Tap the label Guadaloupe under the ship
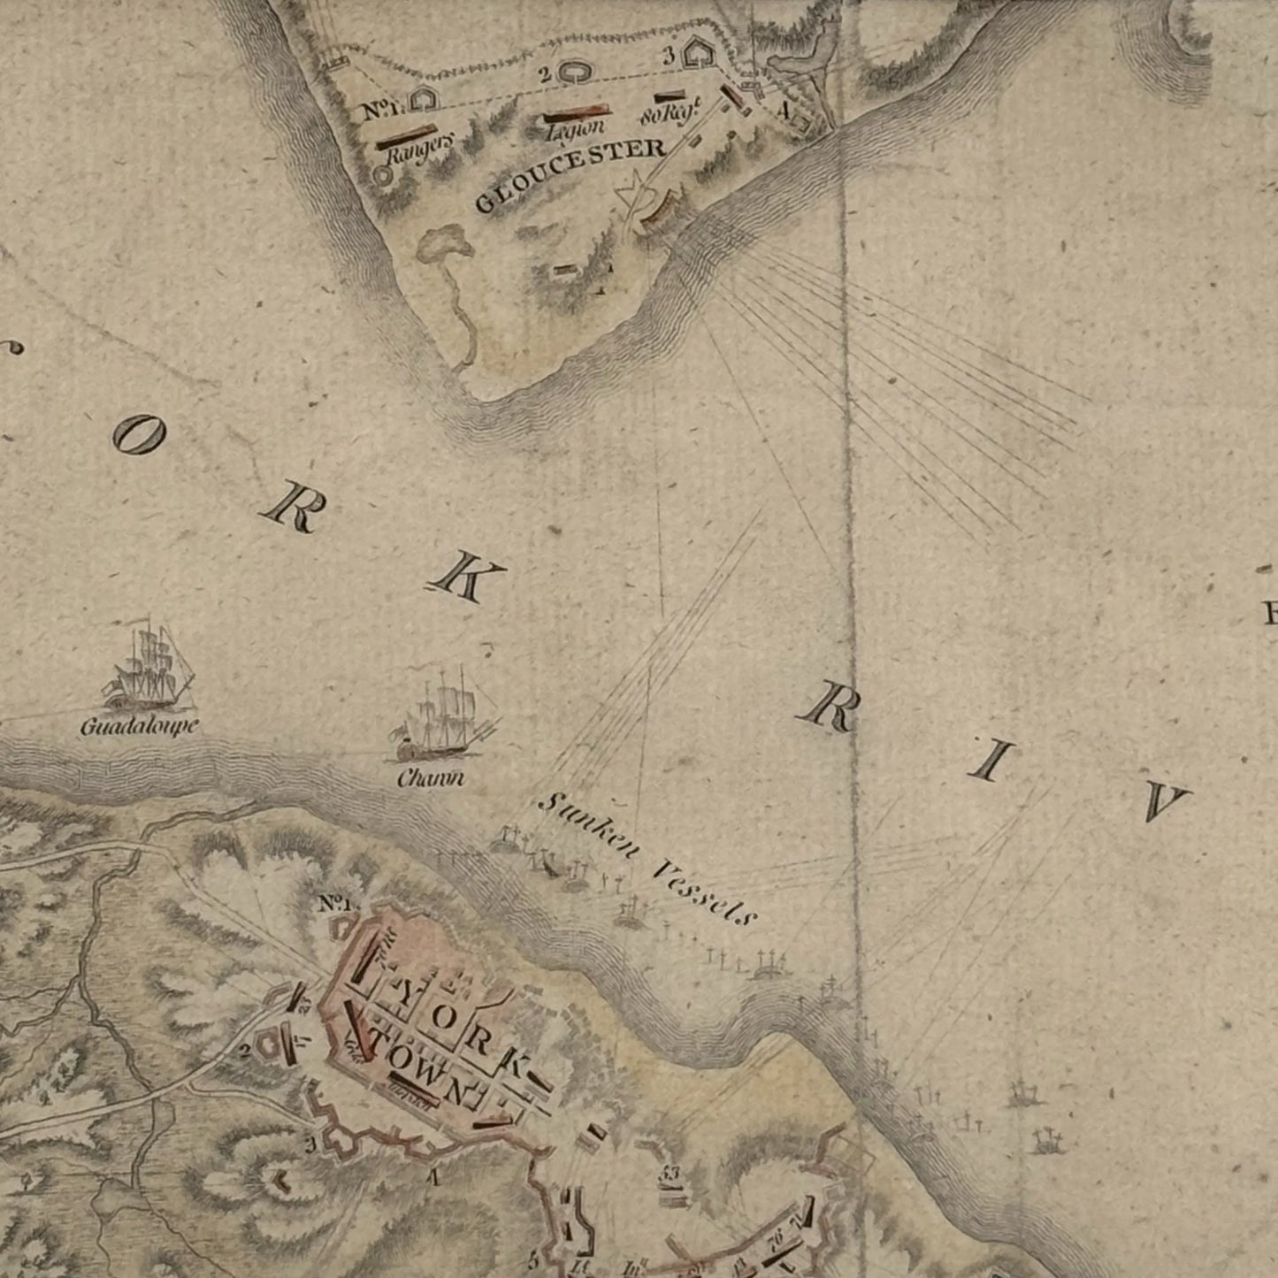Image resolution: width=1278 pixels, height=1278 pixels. (x=139, y=727)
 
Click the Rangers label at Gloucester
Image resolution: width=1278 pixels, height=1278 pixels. (x=421, y=150)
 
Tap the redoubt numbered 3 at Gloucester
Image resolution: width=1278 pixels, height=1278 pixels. (x=700, y=55)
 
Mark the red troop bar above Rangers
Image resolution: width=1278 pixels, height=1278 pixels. (x=414, y=136)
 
